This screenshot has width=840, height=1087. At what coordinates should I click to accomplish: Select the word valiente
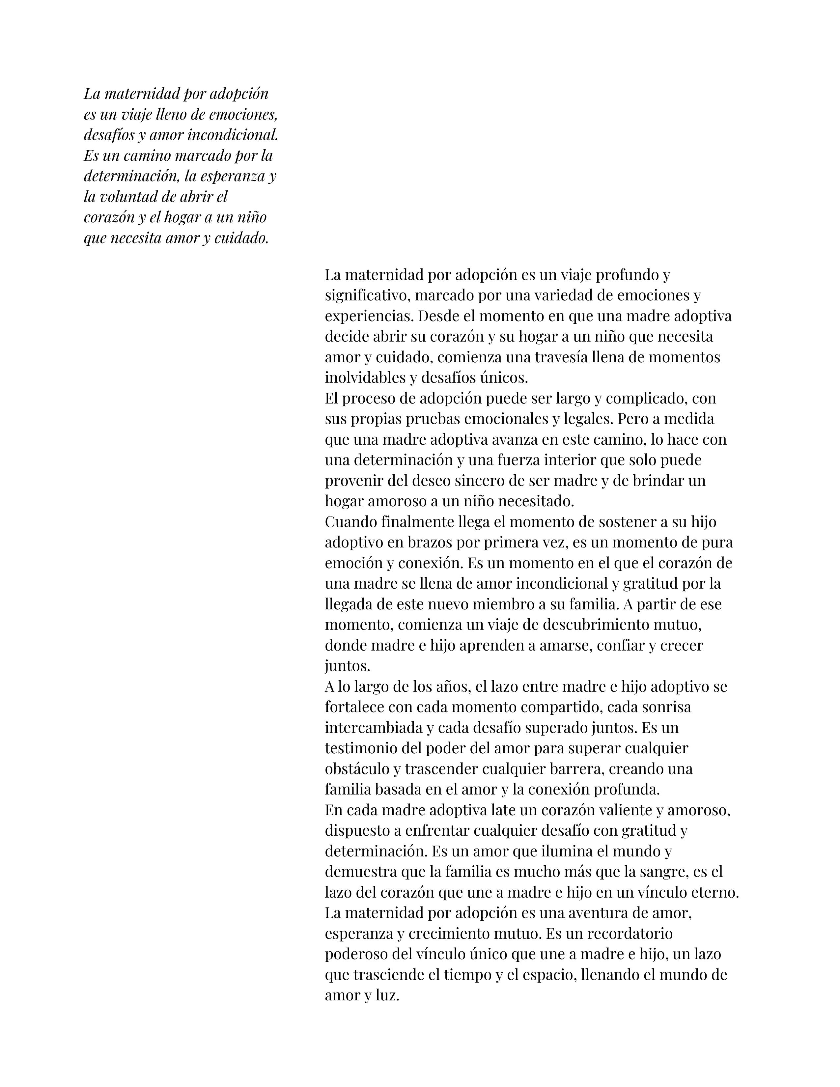(x=625, y=810)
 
